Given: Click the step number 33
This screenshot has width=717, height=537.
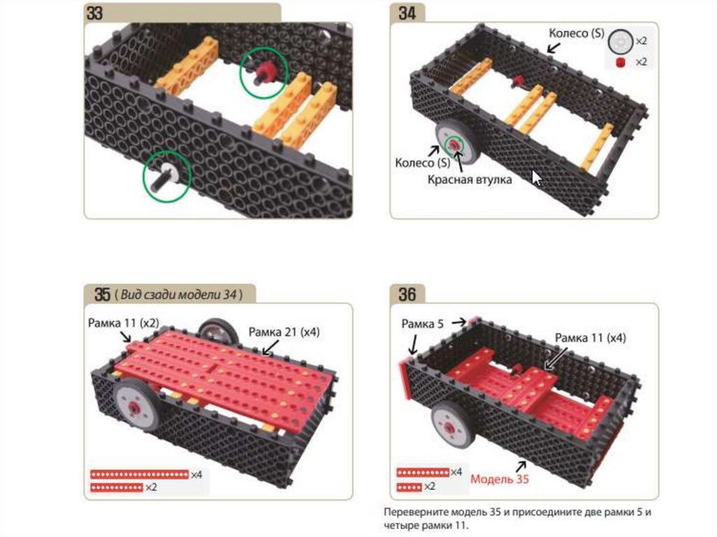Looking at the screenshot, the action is [95, 13].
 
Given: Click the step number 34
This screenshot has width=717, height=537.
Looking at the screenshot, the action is [407, 13].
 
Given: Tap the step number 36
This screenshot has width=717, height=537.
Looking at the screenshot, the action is [407, 293].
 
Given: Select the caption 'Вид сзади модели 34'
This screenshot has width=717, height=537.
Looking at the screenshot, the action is [179, 294].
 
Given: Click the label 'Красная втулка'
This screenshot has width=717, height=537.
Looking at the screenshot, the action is [470, 180].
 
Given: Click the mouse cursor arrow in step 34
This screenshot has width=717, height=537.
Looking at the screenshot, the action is [537, 178].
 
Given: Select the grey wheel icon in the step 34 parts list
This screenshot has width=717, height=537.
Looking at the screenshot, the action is [620, 41].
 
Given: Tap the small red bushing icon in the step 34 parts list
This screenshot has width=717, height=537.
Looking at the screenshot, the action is [620, 63].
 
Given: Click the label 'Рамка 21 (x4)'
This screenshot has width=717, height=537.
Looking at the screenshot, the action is [284, 333].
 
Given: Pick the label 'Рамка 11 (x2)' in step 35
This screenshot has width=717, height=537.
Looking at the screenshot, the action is [123, 323].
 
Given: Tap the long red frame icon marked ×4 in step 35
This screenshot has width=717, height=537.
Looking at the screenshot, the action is [139, 475].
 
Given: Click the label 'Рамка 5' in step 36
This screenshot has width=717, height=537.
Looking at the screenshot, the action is [422, 324].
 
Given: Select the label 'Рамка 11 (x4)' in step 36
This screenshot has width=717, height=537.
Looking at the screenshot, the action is [590, 338].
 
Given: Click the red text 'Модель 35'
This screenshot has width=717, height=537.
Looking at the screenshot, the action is [500, 479].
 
